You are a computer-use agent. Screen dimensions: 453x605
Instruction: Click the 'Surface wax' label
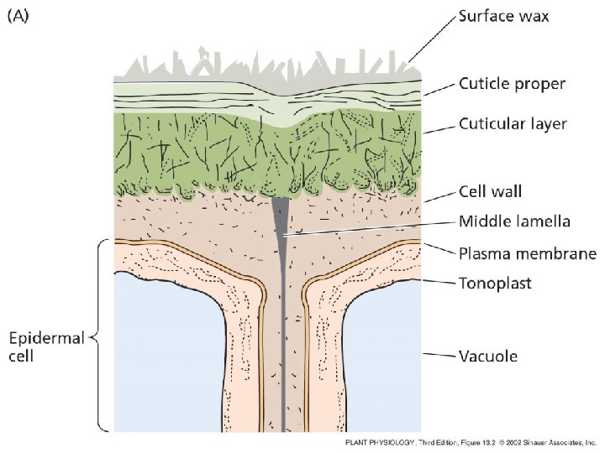coord(504,17)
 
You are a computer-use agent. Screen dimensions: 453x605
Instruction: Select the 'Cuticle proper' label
coord(512,84)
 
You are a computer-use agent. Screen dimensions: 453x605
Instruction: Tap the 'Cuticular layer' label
coord(513,124)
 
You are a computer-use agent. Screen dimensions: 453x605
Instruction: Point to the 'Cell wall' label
coord(490,191)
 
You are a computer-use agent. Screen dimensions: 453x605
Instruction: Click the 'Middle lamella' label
coord(514,221)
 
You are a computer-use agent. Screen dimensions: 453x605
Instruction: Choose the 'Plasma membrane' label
coord(528,253)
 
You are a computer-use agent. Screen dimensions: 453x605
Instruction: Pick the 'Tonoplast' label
coord(495,284)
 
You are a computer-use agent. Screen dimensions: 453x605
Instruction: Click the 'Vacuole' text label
coord(487,356)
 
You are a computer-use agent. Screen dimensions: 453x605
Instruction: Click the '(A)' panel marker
coord(18,16)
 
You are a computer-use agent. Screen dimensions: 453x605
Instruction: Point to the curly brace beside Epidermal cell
coord(100,336)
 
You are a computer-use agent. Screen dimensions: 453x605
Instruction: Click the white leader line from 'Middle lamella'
coord(370,228)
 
